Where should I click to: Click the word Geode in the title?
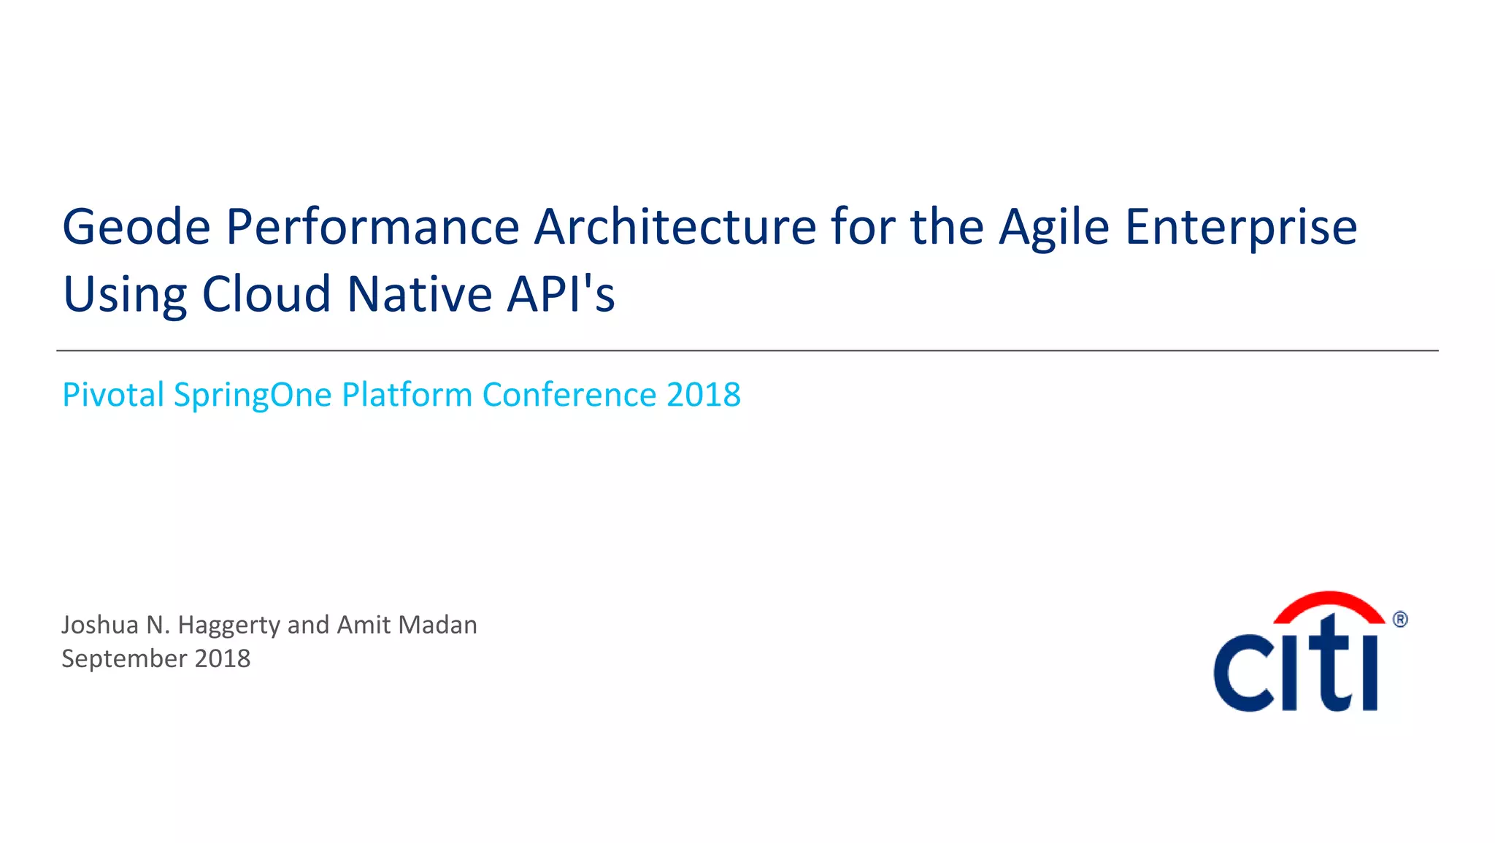[137, 227]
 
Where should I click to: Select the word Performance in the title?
[372, 227]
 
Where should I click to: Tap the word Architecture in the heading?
[675, 227]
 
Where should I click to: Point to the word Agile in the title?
[1055, 228]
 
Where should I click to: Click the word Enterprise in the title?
[1241, 228]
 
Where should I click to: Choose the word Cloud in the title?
[266, 294]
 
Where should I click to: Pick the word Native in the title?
[419, 294]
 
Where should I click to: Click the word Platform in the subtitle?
[407, 395]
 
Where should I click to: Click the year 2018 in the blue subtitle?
[704, 395]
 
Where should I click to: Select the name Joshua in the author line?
[100, 625]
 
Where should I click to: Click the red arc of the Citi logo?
[1329, 604]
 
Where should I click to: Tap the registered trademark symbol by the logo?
[1400, 620]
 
